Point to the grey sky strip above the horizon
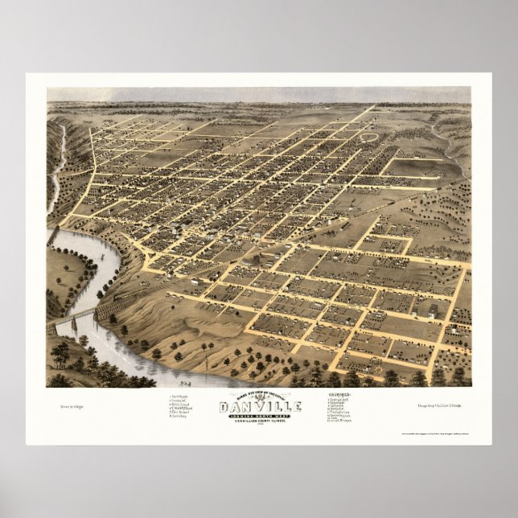click(258, 94)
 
